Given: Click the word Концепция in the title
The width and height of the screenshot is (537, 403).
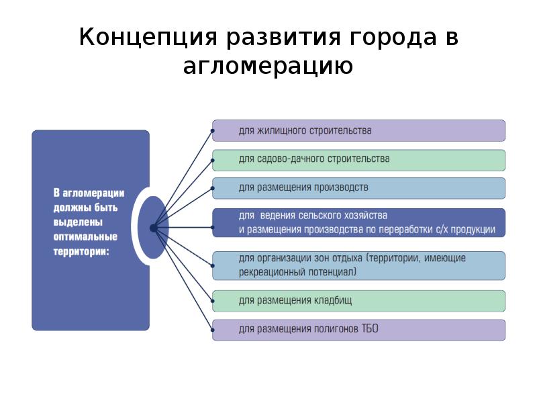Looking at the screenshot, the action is tap(148, 37).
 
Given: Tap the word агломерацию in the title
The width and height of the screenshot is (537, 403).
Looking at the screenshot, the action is tap(268, 66).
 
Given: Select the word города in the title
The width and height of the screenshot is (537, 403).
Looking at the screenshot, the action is tap(393, 38).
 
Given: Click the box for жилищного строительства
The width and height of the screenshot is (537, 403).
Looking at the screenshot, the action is tap(358, 130).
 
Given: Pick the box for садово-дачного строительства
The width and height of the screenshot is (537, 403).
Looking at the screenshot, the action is tap(358, 161).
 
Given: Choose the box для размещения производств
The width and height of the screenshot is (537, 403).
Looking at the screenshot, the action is tap(358, 188).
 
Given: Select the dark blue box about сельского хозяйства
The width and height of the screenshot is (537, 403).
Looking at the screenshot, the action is tap(358, 223).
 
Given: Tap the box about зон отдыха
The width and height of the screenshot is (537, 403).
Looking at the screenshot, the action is tap(358, 266).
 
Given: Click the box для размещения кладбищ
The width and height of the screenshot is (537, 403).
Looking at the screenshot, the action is tap(358, 301).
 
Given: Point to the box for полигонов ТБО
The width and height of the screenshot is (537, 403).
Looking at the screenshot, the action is tap(358, 330).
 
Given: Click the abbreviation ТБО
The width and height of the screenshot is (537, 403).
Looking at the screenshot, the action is tap(370, 328).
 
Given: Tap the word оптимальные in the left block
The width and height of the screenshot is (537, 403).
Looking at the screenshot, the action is tap(85, 237).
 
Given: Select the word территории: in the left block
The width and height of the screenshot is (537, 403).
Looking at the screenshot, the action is tap(81, 251).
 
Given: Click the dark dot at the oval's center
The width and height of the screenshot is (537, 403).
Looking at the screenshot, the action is tap(154, 228).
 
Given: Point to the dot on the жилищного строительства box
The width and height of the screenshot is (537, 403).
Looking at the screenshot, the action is tap(213, 131).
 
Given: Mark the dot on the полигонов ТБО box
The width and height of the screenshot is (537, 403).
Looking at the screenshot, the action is tap(213, 330).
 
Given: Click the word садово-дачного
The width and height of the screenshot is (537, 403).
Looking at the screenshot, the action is tap(291, 159).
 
